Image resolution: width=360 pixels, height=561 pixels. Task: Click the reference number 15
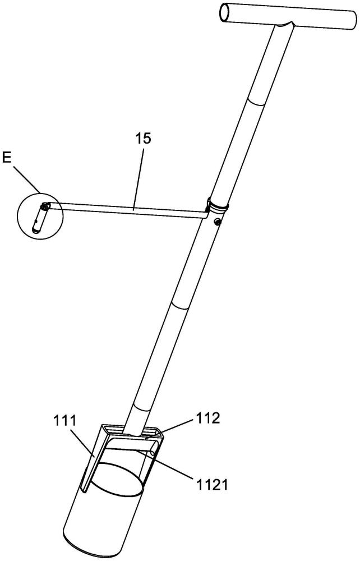[x=144, y=139]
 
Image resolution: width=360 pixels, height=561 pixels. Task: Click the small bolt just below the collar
[x=218, y=223]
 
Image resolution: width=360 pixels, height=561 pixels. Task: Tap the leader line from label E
[x=25, y=180]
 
